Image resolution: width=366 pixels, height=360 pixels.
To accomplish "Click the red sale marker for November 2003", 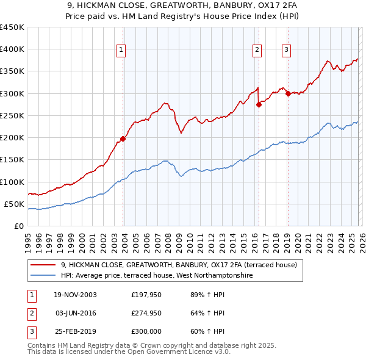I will [123, 139].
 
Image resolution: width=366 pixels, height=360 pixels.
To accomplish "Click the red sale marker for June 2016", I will [259, 104].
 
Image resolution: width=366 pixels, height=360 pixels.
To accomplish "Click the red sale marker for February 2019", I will [288, 93].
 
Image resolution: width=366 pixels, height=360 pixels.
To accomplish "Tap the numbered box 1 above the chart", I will [121, 50].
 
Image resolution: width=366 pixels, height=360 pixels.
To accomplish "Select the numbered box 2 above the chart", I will [257, 50].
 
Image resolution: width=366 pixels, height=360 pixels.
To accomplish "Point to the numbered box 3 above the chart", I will [286, 50].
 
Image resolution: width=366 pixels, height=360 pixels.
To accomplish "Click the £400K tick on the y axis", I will [12, 49].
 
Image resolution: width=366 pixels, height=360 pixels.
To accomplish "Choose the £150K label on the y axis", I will [12, 160].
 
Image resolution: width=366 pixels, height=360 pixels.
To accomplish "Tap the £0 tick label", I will [18, 226].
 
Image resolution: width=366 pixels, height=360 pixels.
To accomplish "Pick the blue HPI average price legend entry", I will [156, 276].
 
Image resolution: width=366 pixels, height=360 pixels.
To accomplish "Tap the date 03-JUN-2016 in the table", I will [75, 313].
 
